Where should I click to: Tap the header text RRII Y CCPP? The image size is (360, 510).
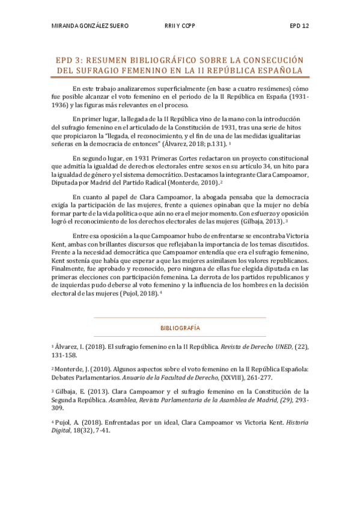pos(180,26)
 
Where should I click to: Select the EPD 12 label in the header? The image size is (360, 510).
pos(298,26)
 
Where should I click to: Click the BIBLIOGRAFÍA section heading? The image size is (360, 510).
pos(180,328)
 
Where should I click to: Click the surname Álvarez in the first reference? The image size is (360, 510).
pos(66,347)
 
